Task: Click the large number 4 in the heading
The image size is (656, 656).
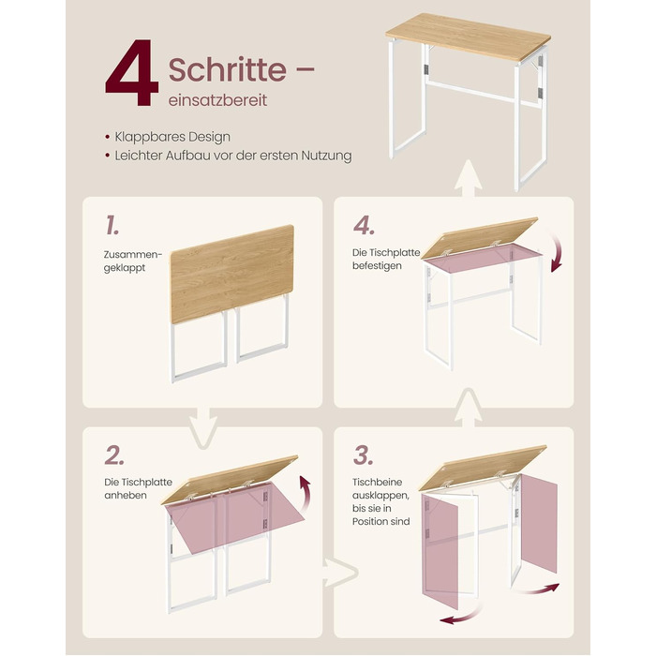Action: (x=132, y=73)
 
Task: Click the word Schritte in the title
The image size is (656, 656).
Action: (x=227, y=69)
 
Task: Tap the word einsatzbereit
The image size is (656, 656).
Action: (x=217, y=100)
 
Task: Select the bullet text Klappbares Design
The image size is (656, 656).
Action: (x=172, y=137)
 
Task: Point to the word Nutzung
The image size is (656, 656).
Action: (x=327, y=156)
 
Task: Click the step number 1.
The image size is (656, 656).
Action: (x=112, y=225)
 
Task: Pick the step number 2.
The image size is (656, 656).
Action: (x=114, y=455)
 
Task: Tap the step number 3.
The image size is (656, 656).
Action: (x=364, y=455)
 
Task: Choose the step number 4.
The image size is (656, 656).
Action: (x=364, y=226)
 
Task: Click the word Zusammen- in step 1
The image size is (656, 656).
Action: (x=132, y=254)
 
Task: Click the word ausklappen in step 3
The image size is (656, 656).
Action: (x=380, y=496)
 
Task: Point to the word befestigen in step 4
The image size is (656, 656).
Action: (x=377, y=266)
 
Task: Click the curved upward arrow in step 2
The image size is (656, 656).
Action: (x=305, y=494)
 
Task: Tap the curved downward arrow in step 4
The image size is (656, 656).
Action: (x=559, y=252)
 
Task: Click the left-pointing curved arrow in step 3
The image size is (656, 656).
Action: (x=460, y=616)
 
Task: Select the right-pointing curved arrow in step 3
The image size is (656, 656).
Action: (x=536, y=589)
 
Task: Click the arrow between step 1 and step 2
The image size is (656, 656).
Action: (x=203, y=427)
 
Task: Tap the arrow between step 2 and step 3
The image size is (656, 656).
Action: (x=339, y=573)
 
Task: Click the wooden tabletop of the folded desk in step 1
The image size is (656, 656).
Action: (x=232, y=274)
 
